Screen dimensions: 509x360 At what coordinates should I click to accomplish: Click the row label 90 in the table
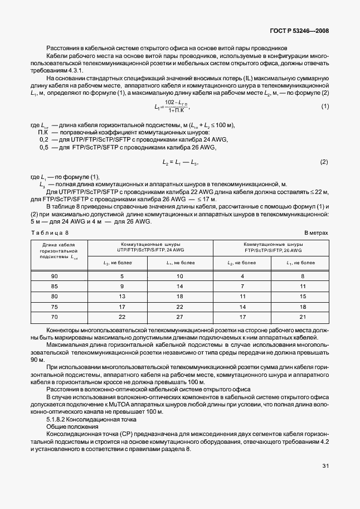point(54,277)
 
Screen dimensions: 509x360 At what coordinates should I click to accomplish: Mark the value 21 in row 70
point(303,316)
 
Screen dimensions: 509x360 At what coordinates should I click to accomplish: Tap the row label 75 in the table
point(54,307)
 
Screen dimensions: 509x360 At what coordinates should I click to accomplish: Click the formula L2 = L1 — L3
point(180,162)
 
